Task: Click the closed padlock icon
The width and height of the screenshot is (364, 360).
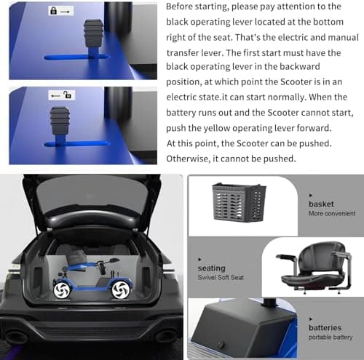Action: pos(53,11)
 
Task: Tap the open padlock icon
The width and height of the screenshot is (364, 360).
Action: pos(67,95)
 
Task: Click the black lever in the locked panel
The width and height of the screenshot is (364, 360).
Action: pos(93,39)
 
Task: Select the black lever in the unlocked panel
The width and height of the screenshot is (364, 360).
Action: pos(60,127)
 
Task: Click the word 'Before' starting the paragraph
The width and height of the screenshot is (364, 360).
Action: pos(179,7)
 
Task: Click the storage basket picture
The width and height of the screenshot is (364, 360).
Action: pos(239,203)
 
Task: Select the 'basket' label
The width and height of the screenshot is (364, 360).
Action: pos(321,204)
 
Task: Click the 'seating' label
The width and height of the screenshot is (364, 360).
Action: pos(212,268)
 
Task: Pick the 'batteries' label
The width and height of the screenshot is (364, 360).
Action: pos(325,328)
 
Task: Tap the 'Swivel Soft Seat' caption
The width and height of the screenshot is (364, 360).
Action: pos(221,278)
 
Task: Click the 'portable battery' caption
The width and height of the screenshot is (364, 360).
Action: pos(331,337)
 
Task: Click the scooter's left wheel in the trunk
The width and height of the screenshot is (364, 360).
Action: pos(62,290)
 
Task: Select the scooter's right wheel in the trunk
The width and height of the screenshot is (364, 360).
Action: pos(121,289)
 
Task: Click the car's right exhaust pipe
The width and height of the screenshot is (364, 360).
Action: pos(166,335)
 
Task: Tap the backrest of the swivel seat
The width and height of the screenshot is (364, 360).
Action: pos(322,257)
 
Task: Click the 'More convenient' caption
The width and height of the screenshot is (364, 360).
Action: pos(332,214)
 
